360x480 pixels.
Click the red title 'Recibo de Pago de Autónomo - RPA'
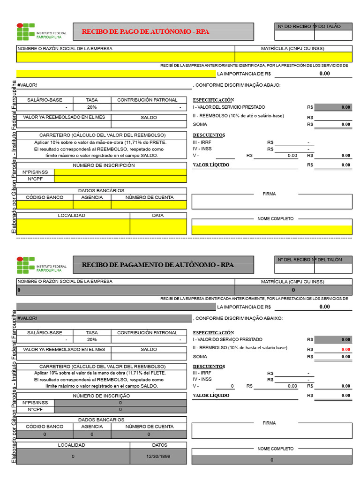click(145, 32)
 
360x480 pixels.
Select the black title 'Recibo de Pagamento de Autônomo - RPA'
click(157, 265)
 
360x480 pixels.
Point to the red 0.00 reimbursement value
click(345, 350)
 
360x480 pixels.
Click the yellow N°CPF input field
click(120, 179)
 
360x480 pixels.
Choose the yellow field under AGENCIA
click(92, 204)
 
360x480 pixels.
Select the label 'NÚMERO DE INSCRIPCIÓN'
click(104, 165)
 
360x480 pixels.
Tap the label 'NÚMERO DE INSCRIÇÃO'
click(101, 396)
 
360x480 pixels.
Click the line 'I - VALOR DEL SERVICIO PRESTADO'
click(229, 107)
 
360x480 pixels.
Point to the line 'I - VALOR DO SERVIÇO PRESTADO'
click(227, 339)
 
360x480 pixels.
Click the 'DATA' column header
click(158, 215)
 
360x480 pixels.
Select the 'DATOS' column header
click(158, 445)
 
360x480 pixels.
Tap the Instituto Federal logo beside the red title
click(26, 32)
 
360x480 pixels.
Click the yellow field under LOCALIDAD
click(73, 226)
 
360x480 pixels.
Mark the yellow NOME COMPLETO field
click(271, 230)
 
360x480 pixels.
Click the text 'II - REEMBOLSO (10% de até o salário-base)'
click(238, 116)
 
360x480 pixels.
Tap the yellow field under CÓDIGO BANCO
click(45, 204)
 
